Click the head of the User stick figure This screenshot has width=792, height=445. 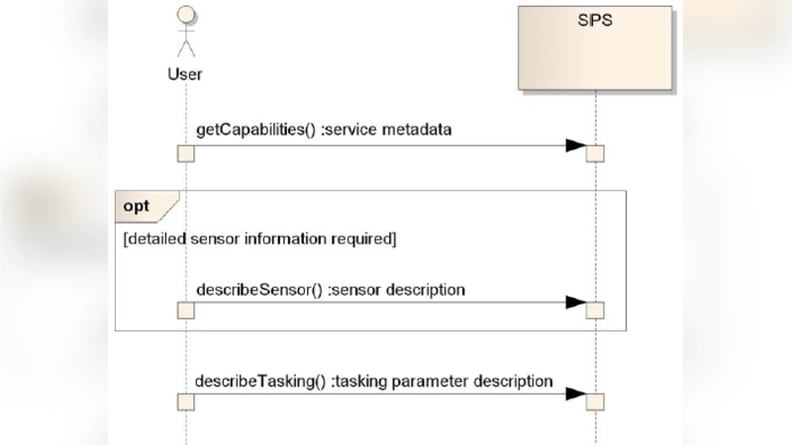click(x=185, y=17)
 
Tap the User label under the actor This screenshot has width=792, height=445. click(x=185, y=73)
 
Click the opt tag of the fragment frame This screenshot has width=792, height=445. click(x=138, y=206)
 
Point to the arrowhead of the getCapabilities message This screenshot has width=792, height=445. click(x=575, y=146)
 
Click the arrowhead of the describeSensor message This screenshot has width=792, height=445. click(x=575, y=303)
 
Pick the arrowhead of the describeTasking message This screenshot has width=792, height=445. click(x=575, y=394)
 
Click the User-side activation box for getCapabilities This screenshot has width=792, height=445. click(x=185, y=153)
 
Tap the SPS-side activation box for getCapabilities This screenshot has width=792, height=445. click(x=595, y=153)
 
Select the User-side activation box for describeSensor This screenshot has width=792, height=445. click(x=185, y=311)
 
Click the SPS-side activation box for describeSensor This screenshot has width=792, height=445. click(x=595, y=311)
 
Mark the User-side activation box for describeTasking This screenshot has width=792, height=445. click(x=185, y=400)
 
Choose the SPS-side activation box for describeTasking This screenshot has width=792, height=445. click(x=595, y=400)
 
